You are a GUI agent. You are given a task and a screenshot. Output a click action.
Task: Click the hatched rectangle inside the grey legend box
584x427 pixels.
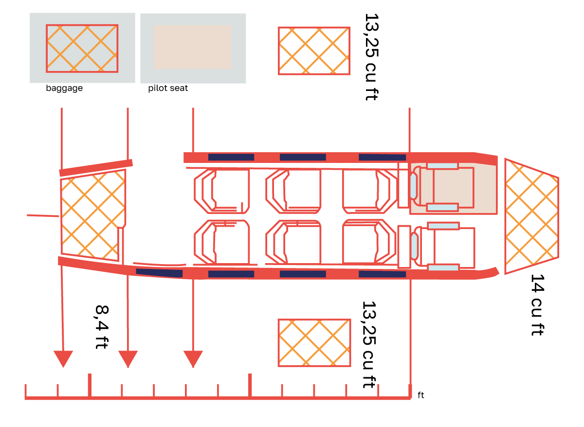82,48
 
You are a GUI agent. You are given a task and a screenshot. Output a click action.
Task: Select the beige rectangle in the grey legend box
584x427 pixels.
192,47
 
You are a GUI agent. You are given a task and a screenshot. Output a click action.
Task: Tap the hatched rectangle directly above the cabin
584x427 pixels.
314,51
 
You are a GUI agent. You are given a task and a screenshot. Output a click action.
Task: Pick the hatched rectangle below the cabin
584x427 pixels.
314,342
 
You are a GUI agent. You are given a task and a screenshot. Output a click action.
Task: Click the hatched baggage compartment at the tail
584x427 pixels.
92,216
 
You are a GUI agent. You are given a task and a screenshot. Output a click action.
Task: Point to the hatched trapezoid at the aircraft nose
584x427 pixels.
530,216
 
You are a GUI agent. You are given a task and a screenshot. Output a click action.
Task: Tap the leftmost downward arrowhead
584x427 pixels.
63,358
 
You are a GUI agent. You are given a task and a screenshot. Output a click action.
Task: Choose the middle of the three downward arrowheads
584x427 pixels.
128,358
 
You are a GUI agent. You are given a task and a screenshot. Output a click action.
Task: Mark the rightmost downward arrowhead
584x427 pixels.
193,358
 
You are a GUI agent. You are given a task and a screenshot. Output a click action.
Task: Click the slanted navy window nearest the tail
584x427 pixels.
159,273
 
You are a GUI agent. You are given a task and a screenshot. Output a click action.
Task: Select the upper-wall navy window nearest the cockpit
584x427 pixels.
382,157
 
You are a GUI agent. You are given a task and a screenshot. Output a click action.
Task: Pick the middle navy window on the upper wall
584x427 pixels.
303,157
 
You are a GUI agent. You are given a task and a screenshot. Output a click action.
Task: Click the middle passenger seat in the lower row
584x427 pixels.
294,242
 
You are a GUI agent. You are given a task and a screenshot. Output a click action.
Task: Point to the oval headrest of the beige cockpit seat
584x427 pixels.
413,186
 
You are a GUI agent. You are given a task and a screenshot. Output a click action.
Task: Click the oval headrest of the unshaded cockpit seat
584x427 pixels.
414,246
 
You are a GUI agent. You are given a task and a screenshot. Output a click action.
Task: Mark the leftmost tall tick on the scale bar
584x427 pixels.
89,385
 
